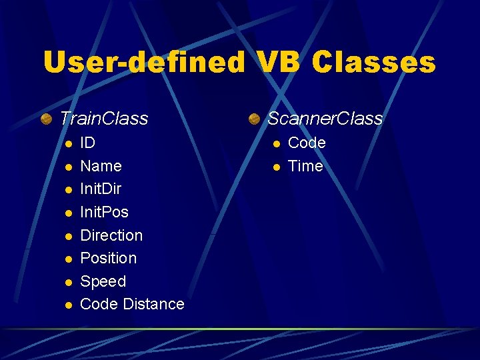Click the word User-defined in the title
click(143, 63)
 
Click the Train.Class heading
click(104, 119)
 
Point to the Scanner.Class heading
click(325, 119)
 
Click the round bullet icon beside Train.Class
click(46, 119)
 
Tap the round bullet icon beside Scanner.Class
click(254, 119)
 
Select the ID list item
click(87, 143)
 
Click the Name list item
click(101, 166)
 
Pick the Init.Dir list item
click(101, 189)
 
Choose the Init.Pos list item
click(104, 212)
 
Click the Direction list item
click(111, 235)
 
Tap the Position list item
click(108, 258)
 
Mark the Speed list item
click(103, 281)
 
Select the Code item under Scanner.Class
click(307, 143)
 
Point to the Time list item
click(305, 166)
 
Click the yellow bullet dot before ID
click(67, 144)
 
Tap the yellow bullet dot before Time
click(275, 167)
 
